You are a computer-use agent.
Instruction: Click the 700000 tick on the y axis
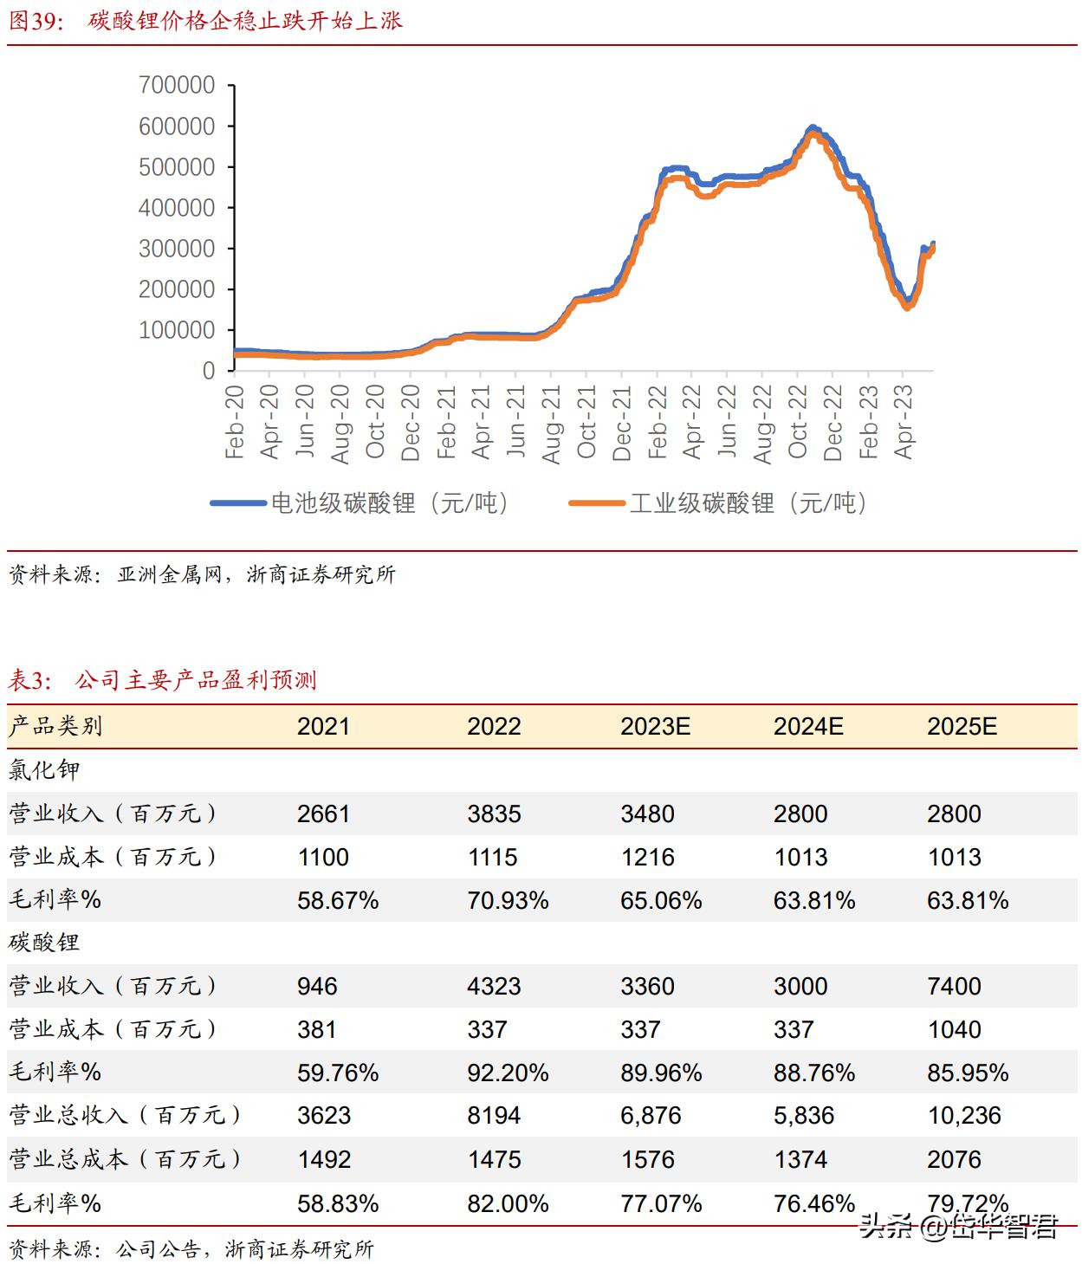pos(177,85)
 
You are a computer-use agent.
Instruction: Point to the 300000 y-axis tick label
pos(177,249)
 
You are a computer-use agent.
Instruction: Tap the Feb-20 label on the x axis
pos(235,422)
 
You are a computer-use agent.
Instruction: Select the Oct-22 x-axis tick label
pos(798,422)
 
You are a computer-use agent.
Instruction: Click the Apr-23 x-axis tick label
pos(904,422)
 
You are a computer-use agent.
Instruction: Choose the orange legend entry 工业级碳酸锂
pos(718,503)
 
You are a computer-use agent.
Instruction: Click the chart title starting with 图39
pos(205,21)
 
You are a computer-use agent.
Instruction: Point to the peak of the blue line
pos(812,128)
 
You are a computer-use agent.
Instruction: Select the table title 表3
pos(162,680)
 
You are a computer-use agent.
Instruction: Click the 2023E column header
pos(655,726)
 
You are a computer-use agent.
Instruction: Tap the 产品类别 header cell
pos(56,726)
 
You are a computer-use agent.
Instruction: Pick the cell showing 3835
pos(494,814)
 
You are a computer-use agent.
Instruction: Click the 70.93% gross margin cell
pos(508,901)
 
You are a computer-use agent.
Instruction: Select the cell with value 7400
pos(954,986)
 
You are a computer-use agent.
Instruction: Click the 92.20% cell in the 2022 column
pos(508,1073)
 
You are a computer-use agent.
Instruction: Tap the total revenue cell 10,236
pos(964,1116)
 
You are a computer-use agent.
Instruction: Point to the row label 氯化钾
pos(44,770)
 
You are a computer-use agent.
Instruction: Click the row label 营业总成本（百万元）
pos(125,1159)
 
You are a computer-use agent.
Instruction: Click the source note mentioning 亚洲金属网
pos(202,574)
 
